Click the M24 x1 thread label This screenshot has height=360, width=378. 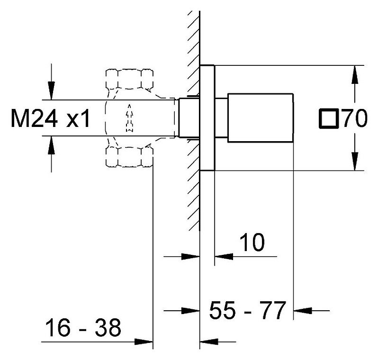[50, 118]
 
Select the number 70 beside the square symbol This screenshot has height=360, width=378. [355, 118]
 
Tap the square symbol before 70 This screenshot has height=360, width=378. [329, 118]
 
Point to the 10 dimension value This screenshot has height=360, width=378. [252, 242]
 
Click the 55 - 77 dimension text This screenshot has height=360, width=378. [248, 310]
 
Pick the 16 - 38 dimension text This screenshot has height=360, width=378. [83, 327]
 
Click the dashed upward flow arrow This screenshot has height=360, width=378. [129, 118]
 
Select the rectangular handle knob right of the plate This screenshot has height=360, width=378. [261, 117]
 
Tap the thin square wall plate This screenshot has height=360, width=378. [207, 118]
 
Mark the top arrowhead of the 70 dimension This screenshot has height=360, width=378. [354, 74]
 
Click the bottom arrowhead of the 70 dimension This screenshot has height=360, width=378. [354, 162]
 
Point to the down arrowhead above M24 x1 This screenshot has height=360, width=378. [51, 90]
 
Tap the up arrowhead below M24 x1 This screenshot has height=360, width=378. [51, 145]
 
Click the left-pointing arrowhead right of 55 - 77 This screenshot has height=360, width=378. [303, 311]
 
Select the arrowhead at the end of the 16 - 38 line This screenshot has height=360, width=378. [144, 342]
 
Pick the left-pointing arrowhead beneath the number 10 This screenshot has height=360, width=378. [224, 257]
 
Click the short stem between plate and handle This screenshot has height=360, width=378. [221, 117]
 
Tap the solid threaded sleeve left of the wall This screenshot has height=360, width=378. [189, 117]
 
